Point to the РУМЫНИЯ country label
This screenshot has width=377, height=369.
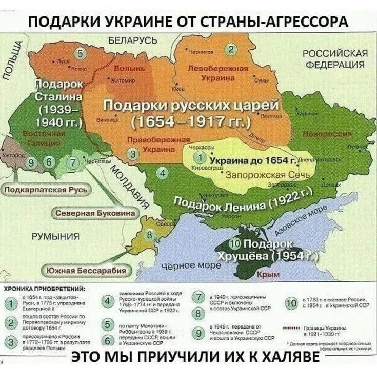55,236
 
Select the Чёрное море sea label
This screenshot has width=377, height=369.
191,265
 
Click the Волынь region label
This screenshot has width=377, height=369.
132,68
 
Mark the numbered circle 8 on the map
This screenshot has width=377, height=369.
149,236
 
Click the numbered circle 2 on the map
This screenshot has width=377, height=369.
231,49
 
